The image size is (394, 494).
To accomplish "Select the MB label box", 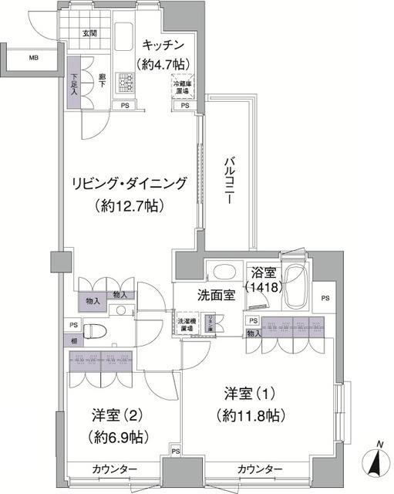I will coord(34,58).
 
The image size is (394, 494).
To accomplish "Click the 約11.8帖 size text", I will coord(251,415).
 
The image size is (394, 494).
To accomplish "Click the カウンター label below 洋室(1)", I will coord(259,469).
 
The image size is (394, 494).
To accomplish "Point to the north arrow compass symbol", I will coord(377,464).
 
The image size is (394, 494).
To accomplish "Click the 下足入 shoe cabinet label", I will coord(74,83).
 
